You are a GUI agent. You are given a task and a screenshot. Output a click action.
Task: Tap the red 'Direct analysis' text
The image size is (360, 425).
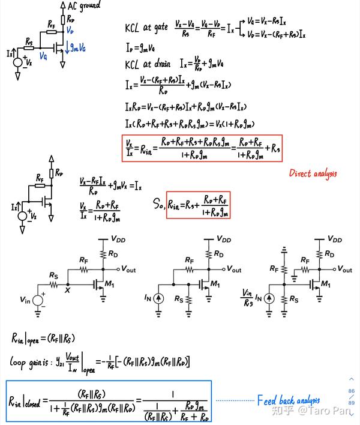click(313, 173)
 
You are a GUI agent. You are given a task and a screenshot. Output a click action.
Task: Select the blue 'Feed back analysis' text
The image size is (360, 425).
click(289, 400)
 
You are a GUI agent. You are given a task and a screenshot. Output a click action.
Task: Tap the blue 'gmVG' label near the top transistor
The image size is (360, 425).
click(76, 47)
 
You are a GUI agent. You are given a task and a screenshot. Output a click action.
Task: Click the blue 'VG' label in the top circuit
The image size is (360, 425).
click(44, 56)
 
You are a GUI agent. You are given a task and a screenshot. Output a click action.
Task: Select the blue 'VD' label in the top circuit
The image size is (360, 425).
click(70, 29)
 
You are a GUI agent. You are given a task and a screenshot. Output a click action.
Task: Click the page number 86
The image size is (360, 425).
click(352, 391)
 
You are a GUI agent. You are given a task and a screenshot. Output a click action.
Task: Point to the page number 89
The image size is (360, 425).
click(352, 402)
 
